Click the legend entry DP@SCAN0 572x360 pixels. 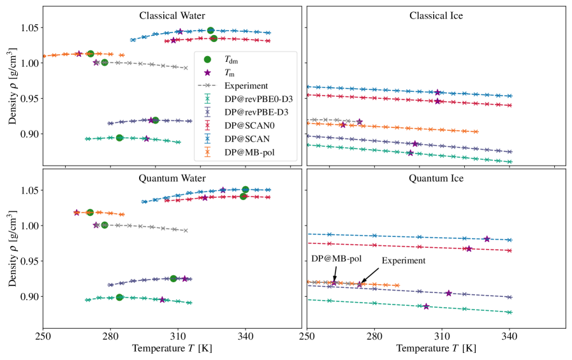tap(249, 126)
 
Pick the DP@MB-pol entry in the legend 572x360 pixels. tap(248, 154)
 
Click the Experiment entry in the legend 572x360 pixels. tap(247, 85)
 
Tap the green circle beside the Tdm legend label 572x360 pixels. tap(207, 59)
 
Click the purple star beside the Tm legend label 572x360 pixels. tap(207, 73)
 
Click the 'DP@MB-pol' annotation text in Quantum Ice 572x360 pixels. tap(337, 257)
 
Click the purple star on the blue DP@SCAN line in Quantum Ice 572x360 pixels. tap(487, 239)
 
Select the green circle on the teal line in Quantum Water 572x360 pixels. tap(119, 297)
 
